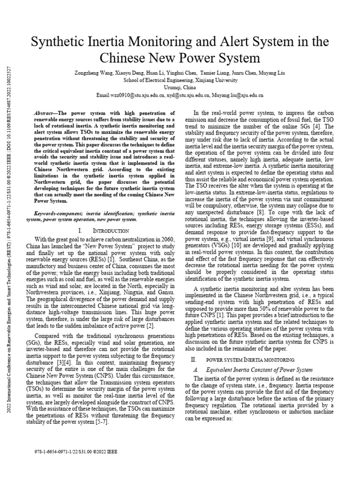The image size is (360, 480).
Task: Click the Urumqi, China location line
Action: [180, 87]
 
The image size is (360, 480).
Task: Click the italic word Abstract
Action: [45, 113]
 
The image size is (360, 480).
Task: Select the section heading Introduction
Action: [110, 231]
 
